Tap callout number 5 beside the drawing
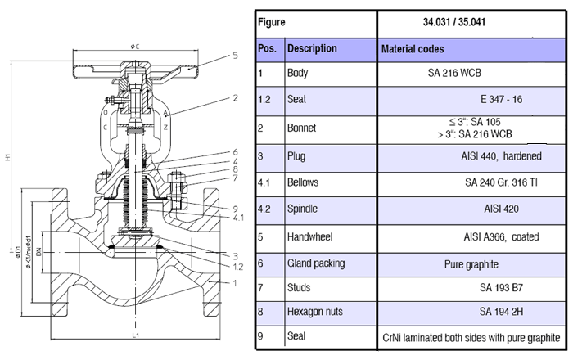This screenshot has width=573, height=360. pyautogui.click(x=234, y=56)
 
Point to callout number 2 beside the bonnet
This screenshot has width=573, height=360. pyautogui.click(x=235, y=98)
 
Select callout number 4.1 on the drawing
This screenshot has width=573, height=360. pyautogui.click(x=237, y=217)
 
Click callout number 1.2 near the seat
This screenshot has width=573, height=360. pyautogui.click(x=237, y=266)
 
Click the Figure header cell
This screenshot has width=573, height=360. pyautogui.click(x=272, y=23)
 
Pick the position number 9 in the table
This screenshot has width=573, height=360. pyautogui.click(x=259, y=335)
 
